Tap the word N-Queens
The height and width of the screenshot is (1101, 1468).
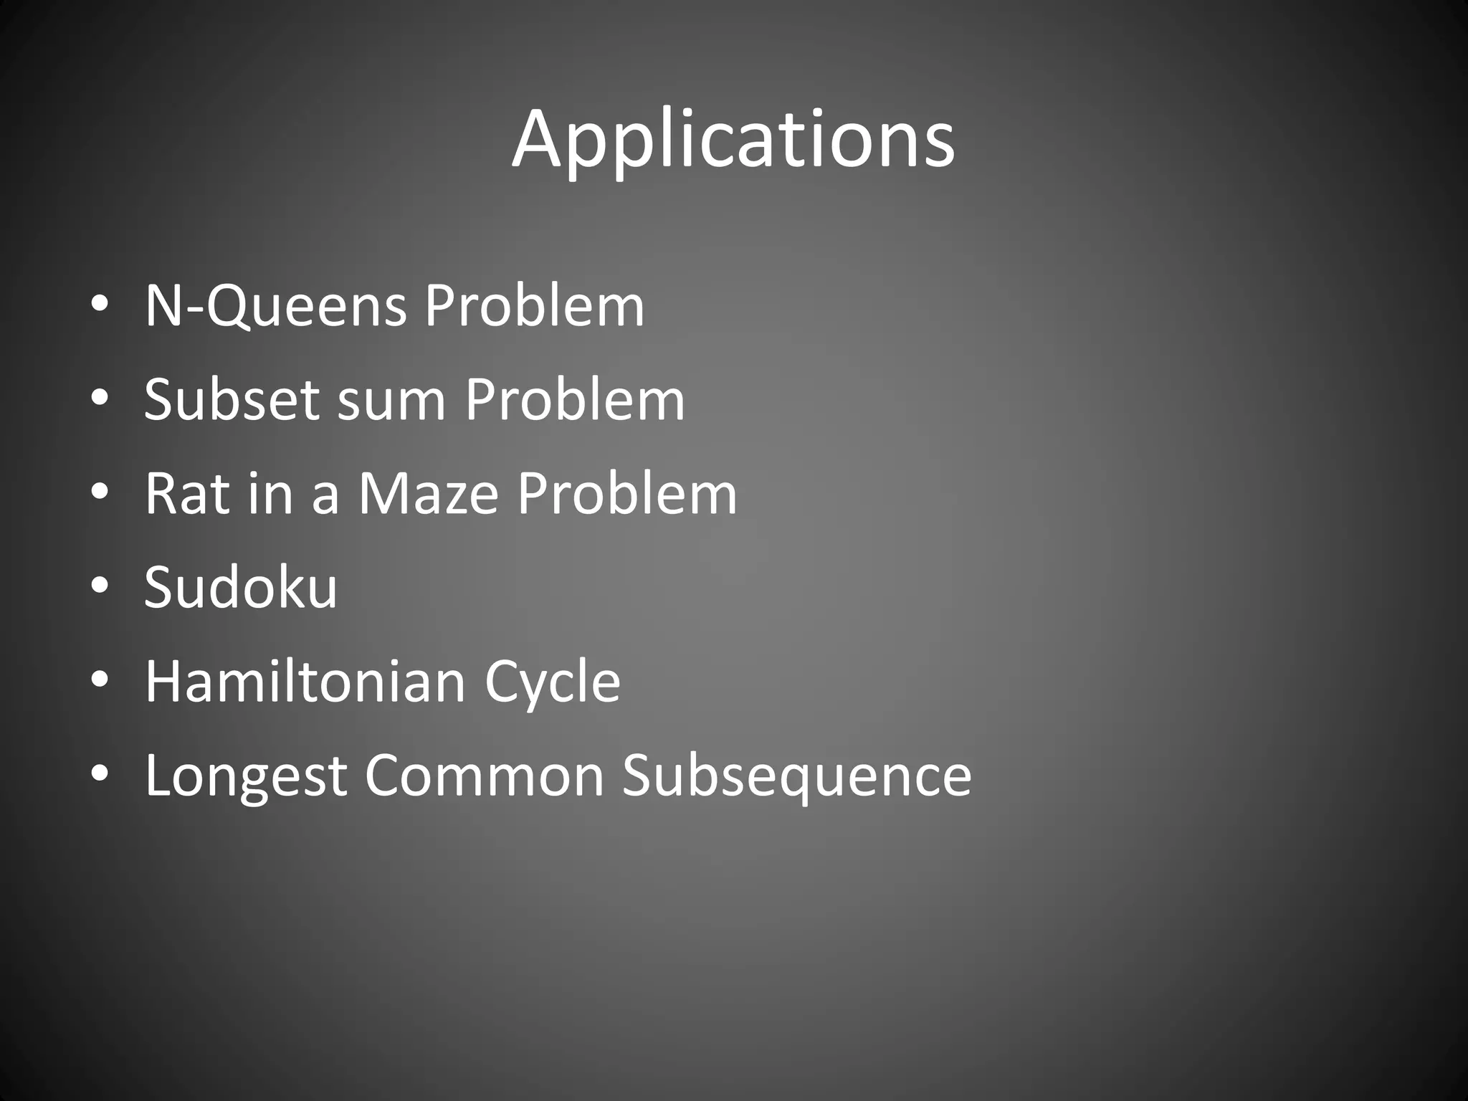coord(276,306)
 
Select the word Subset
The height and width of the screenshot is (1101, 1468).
coord(232,399)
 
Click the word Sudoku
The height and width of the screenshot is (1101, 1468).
coord(241,587)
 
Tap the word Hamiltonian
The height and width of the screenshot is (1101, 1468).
coord(305,681)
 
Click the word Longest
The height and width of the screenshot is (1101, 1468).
coord(246,777)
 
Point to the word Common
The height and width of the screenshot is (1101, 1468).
coord(485,776)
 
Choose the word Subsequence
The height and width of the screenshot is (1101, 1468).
coord(796,777)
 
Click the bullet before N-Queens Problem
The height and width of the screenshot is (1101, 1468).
coord(100,305)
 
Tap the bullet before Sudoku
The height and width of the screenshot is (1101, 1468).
coord(100,586)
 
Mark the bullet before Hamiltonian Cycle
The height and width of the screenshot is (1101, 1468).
coord(100,680)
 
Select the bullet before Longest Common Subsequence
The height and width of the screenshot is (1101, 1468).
coord(100,773)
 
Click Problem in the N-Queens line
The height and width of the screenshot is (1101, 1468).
coord(534,306)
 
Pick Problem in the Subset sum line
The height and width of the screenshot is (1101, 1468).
coord(575,399)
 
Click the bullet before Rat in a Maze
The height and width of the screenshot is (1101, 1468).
coord(100,492)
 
